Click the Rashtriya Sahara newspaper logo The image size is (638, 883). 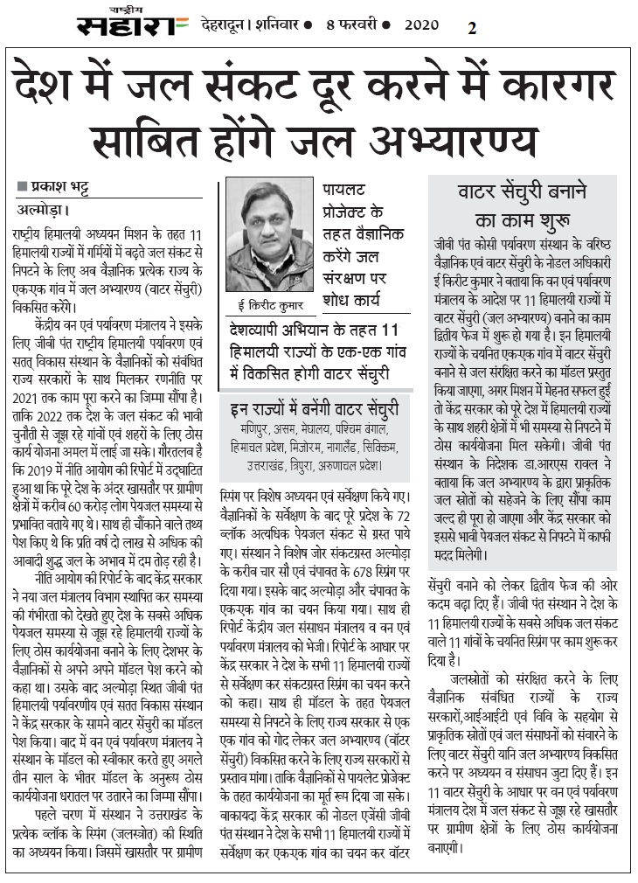point(132,24)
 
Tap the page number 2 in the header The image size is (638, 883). point(472,27)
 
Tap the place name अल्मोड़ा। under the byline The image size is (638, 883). point(43,210)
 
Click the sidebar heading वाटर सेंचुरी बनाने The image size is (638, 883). point(522,191)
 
